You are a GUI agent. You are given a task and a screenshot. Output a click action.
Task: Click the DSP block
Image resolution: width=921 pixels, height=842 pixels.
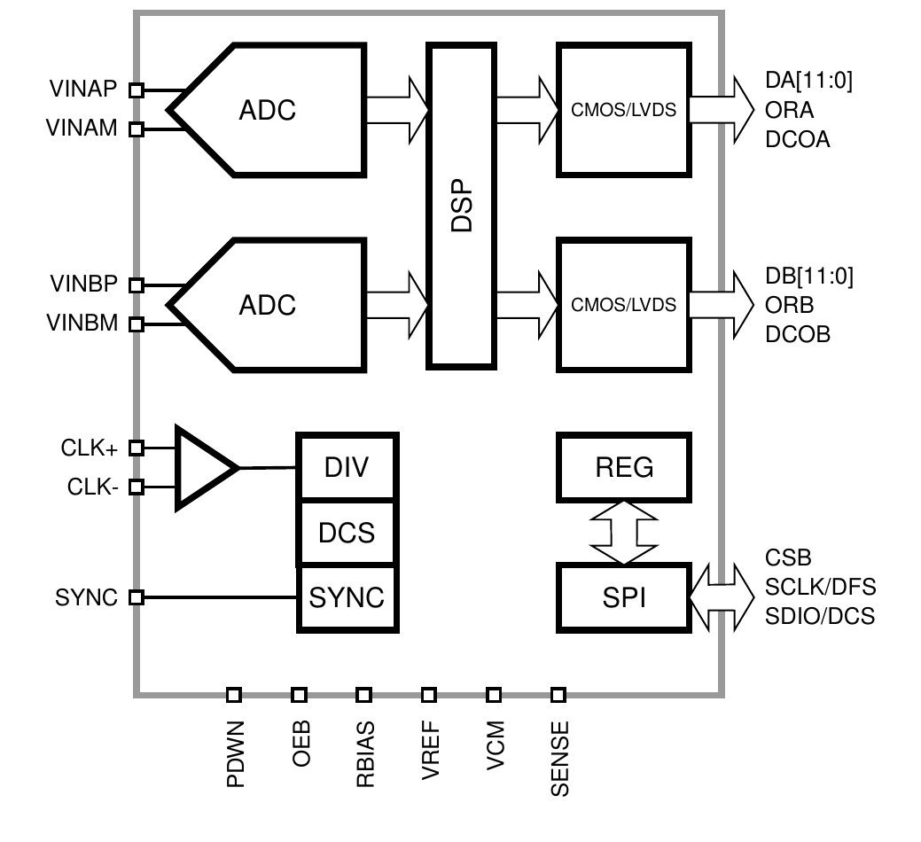(461, 206)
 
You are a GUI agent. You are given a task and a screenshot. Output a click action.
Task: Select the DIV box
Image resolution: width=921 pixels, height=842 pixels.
(347, 467)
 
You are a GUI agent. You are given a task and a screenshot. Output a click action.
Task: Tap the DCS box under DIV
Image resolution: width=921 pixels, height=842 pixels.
(347, 533)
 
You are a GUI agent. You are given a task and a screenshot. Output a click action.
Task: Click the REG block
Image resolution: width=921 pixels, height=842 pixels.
(624, 467)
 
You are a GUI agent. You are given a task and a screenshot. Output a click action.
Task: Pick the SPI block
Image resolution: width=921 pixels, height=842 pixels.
(624, 597)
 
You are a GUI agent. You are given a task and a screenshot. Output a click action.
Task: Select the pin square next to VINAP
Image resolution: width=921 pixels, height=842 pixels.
(137, 90)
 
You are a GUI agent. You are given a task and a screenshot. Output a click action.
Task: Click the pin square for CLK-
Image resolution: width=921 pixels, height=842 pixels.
(137, 487)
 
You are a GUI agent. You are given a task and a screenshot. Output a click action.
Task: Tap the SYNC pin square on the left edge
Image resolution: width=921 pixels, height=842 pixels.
(137, 597)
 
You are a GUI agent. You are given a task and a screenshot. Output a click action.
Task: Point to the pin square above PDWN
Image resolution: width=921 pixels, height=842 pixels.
(234, 695)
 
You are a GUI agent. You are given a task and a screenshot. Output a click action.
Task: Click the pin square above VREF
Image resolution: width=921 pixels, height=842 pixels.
(429, 695)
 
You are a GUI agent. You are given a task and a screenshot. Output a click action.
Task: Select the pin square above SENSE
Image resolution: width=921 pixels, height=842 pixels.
(558, 695)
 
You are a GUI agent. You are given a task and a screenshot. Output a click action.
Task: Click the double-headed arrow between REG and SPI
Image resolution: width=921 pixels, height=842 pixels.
(623, 533)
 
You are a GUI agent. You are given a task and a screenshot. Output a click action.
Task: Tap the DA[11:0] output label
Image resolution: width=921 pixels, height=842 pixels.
(808, 81)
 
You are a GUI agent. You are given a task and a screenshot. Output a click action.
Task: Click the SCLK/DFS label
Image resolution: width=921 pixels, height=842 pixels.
(820, 587)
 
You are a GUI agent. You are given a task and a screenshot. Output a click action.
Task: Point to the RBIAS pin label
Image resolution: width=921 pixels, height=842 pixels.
(365, 754)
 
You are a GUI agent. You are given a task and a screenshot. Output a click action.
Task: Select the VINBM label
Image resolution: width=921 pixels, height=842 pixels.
(82, 323)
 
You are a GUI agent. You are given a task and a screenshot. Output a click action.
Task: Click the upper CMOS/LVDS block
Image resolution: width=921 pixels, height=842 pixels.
(624, 109)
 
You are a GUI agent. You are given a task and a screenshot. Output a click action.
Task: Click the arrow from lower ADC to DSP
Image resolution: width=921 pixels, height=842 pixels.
(398, 305)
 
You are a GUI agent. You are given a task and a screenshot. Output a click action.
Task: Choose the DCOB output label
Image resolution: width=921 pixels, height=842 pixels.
(798, 335)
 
